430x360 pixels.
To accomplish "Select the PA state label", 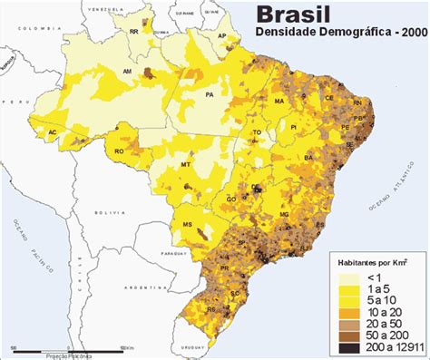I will [210, 93].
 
